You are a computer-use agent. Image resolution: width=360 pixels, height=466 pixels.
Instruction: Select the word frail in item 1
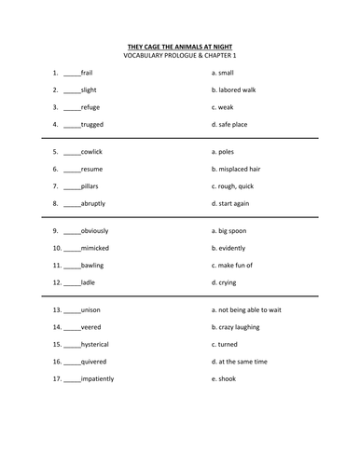(x=87, y=73)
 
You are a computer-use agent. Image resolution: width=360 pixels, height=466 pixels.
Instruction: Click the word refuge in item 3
(x=90, y=107)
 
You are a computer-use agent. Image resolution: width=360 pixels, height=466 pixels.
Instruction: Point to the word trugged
(x=92, y=124)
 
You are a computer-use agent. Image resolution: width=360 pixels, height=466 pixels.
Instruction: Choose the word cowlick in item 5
(x=91, y=151)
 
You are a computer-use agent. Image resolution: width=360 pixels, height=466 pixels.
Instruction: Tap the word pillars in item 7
(x=90, y=185)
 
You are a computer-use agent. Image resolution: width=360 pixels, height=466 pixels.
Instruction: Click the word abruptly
(x=94, y=202)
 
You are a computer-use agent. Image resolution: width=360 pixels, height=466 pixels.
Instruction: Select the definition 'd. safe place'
(x=232, y=124)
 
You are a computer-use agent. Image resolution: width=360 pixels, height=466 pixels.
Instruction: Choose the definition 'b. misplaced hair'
(x=242, y=168)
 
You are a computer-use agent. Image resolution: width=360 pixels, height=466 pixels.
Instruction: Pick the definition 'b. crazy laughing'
(x=242, y=326)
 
